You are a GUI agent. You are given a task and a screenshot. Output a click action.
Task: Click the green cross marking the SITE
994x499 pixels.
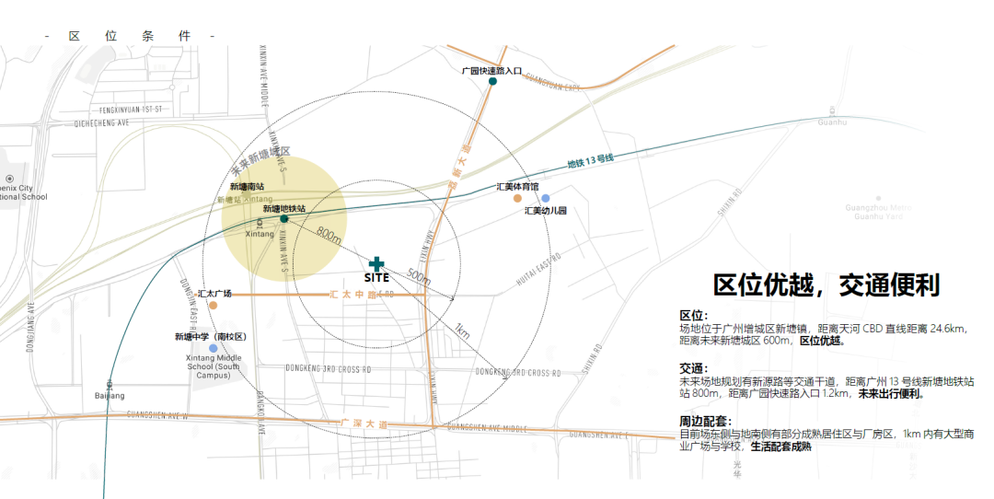click(376, 264)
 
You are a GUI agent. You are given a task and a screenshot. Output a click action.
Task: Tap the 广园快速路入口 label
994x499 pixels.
click(491, 70)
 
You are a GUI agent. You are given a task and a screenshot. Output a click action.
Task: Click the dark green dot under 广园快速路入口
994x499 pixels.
click(492, 82)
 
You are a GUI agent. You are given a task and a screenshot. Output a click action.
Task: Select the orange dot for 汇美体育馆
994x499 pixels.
click(517, 198)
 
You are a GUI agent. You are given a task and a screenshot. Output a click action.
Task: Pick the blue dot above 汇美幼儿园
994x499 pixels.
click(545, 198)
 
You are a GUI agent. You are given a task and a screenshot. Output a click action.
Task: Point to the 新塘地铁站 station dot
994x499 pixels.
click(283, 219)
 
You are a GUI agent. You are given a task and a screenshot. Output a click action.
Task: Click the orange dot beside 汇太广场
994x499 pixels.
click(213, 305)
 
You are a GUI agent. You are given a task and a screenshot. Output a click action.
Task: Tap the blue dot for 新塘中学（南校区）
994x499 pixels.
click(213, 349)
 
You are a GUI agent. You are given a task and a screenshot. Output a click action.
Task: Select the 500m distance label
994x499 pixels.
click(418, 277)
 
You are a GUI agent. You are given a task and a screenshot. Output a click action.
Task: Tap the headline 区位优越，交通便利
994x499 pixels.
click(826, 285)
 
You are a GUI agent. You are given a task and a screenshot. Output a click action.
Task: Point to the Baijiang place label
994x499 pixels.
click(109, 395)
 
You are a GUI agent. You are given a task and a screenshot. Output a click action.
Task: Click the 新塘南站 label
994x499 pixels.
click(248, 187)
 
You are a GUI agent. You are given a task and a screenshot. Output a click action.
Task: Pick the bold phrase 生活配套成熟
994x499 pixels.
click(781, 447)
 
